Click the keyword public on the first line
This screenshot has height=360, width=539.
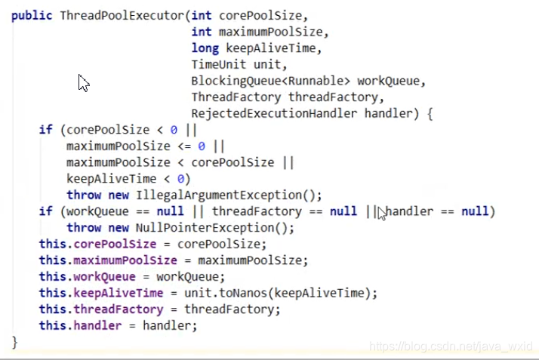click(32, 15)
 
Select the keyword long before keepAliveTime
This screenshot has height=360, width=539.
click(202, 48)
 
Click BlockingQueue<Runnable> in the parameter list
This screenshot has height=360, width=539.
click(271, 81)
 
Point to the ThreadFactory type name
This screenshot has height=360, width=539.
click(236, 97)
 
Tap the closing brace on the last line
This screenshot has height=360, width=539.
click(14, 342)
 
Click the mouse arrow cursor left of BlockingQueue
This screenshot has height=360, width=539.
click(83, 82)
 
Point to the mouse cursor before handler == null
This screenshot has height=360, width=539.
click(382, 214)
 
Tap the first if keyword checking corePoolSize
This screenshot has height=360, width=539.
click(45, 130)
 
